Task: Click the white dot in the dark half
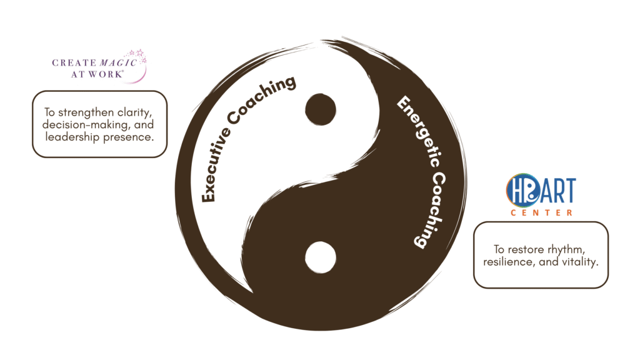pyautogui.click(x=321, y=256)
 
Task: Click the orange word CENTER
pyautogui.click(x=541, y=213)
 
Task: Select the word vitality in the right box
pyautogui.click(x=577, y=262)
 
